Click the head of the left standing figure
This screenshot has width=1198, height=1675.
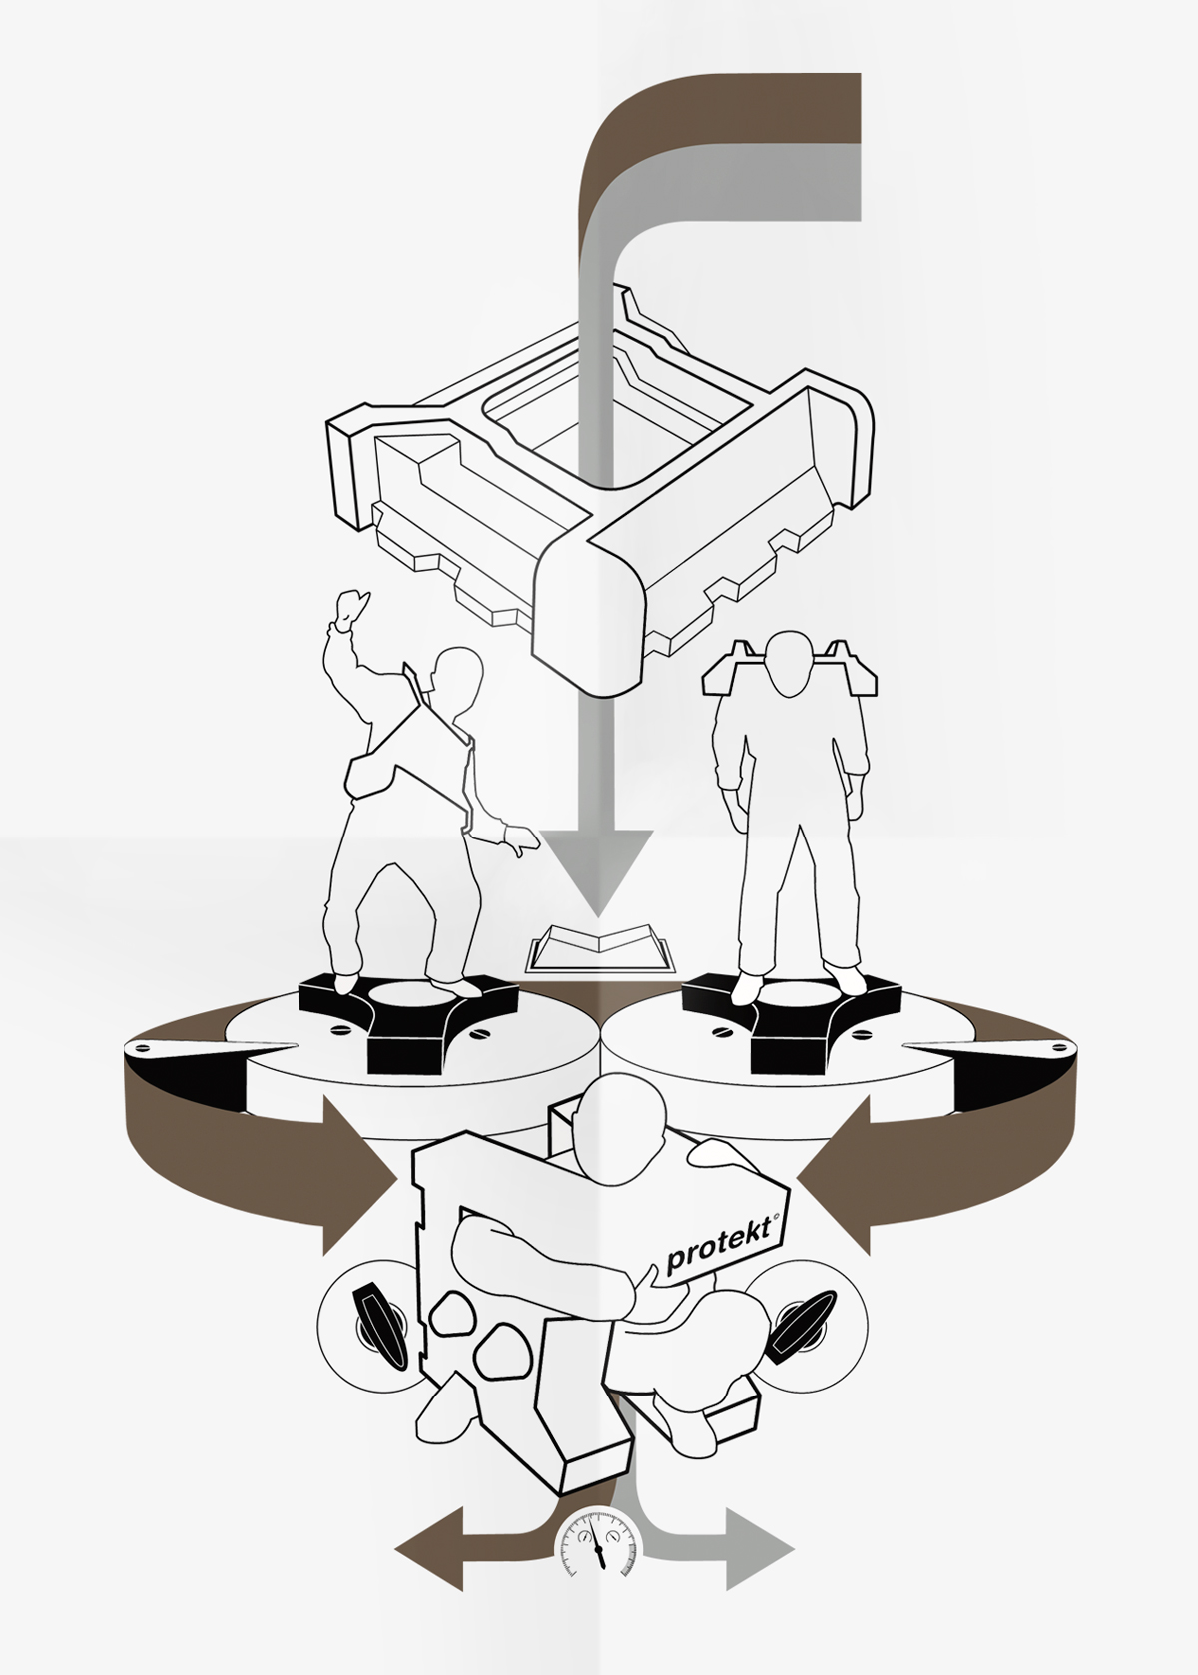coord(454,678)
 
